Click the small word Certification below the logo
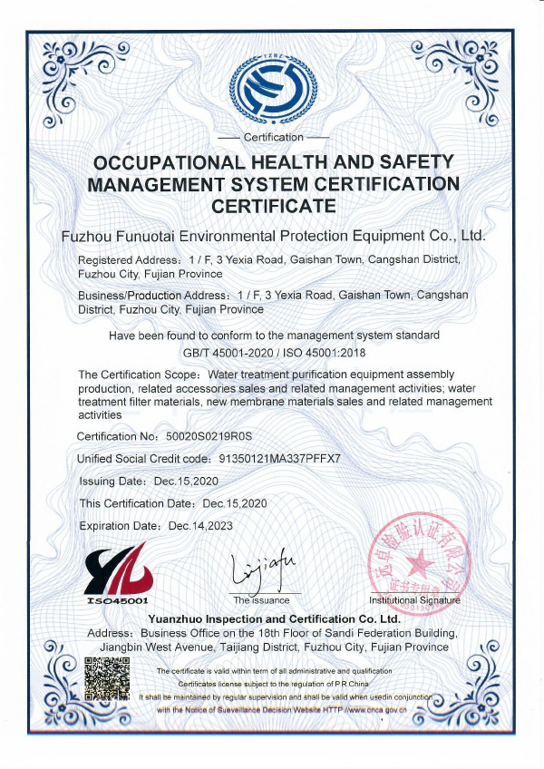coord(274,137)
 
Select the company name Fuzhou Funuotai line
coord(273,236)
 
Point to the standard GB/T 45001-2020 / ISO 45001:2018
coord(273,353)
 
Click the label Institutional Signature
coord(414,600)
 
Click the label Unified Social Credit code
coord(148,459)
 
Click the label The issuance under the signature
coord(262,600)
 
